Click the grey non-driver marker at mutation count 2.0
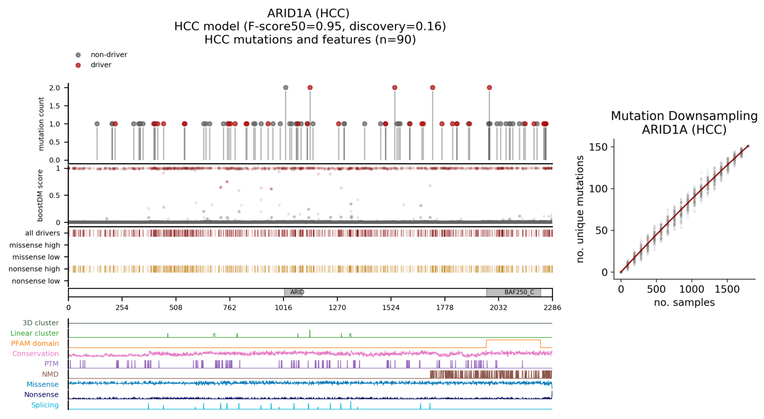pyautogui.click(x=286, y=88)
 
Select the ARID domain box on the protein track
pyautogui.click(x=294, y=293)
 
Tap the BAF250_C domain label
pyautogui.click(x=519, y=293)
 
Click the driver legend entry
pyautogui.click(x=101, y=65)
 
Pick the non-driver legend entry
pyautogui.click(x=109, y=55)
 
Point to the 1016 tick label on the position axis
pyautogui.click(x=283, y=307)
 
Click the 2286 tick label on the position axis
pyautogui.click(x=552, y=307)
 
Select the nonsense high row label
pyautogui.click(x=35, y=269)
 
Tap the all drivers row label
pyautogui.click(x=43, y=233)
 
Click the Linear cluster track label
pyautogui.click(x=35, y=333)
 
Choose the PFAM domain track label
pyautogui.click(x=35, y=344)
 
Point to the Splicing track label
pyautogui.click(x=45, y=405)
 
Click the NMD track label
pyautogui.click(x=50, y=374)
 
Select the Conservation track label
pyautogui.click(x=36, y=354)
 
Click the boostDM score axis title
pyautogui.click(x=41, y=195)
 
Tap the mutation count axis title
pyautogui.click(x=41, y=124)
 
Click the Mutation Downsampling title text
pyautogui.click(x=684, y=116)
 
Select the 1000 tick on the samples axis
pyautogui.click(x=691, y=289)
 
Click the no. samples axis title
pyautogui.click(x=684, y=303)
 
